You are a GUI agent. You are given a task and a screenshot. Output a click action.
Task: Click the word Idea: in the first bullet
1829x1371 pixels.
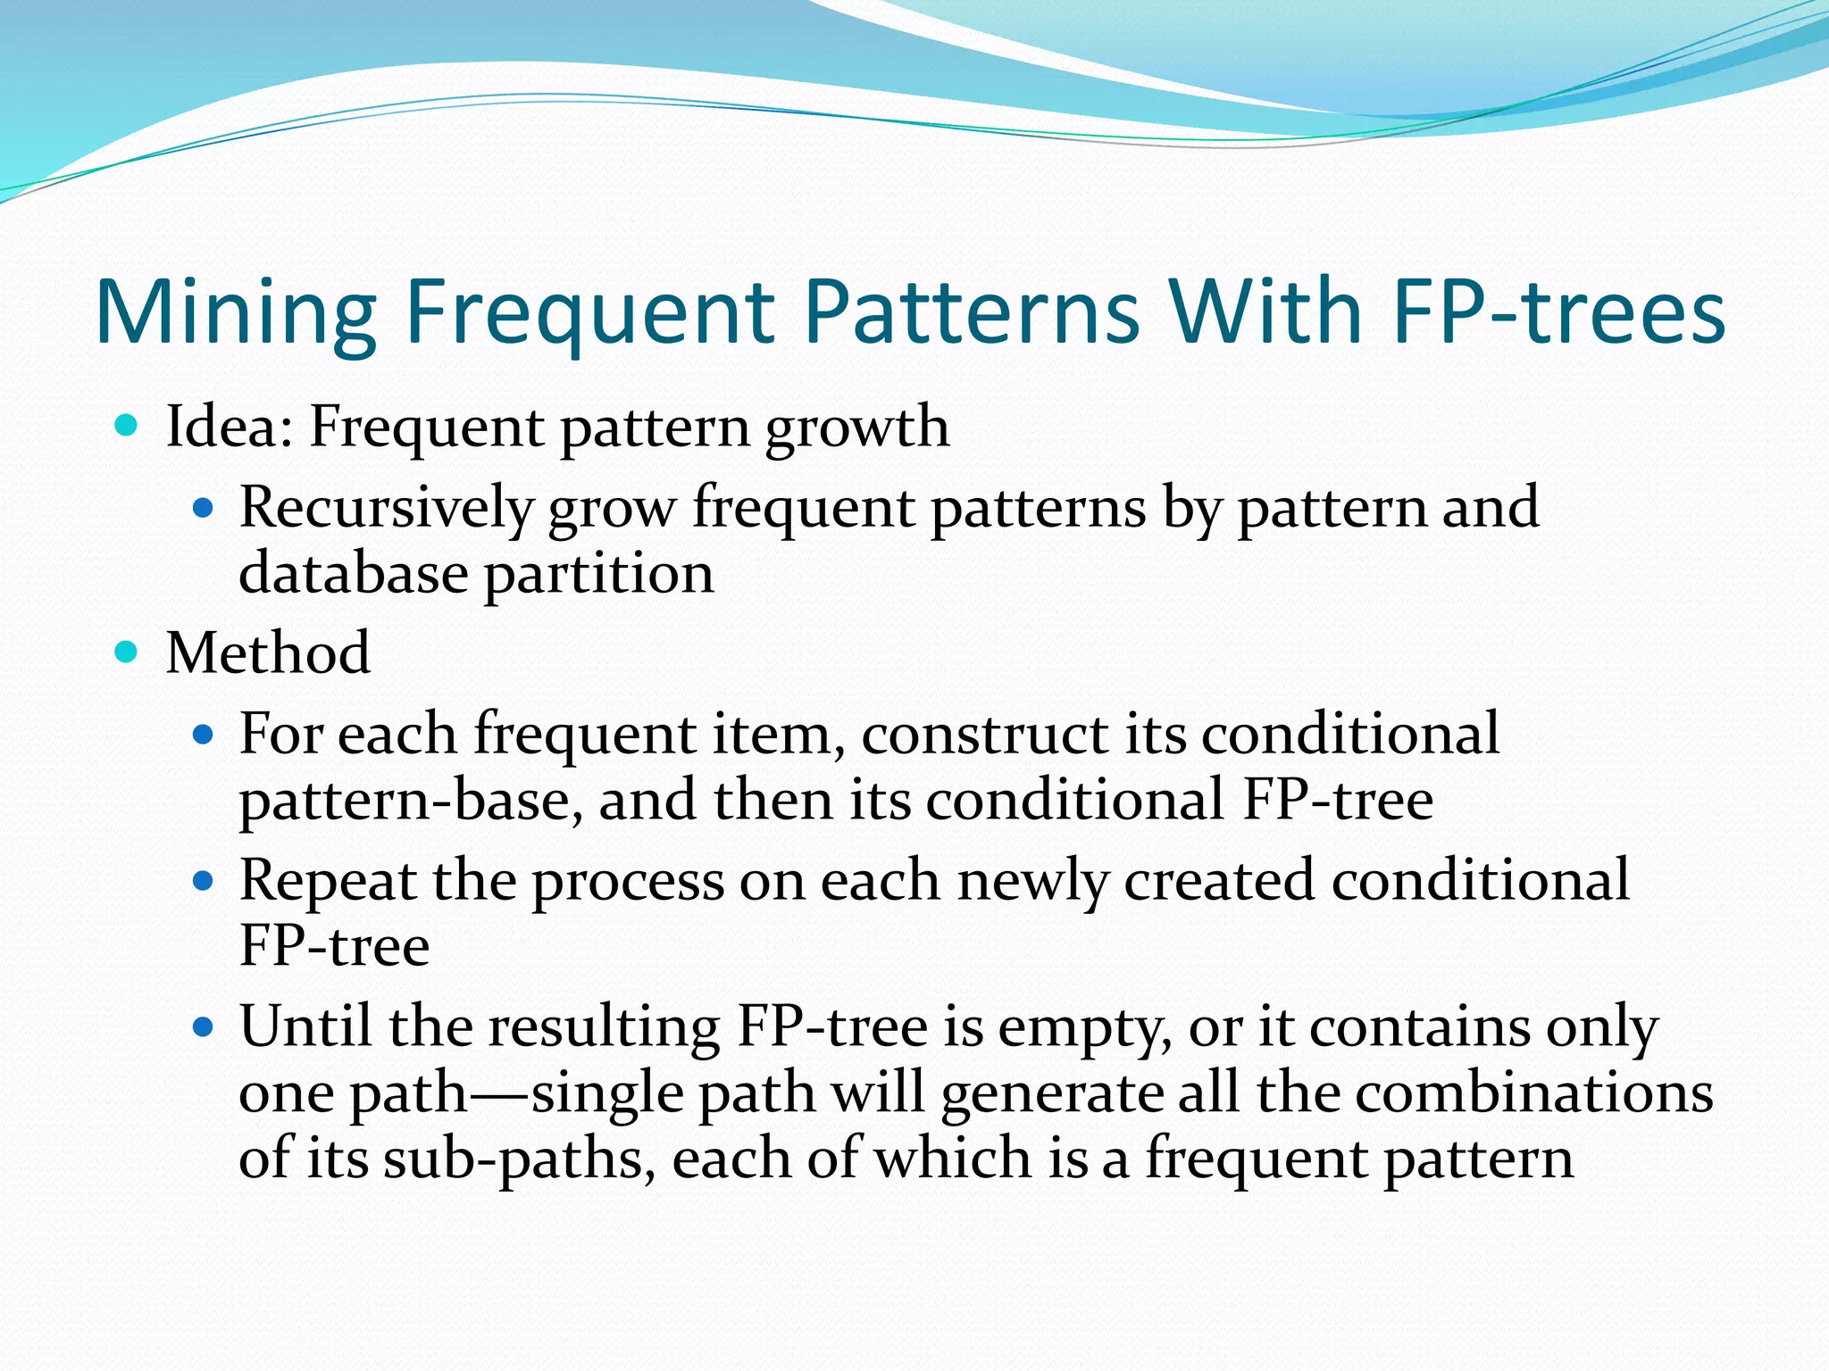tap(229, 427)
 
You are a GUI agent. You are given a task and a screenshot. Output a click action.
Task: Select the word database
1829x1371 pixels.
tap(353, 573)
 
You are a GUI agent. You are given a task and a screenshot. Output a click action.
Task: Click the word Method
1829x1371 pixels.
tap(268, 652)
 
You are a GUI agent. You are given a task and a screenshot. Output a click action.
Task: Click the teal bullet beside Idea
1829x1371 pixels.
tap(127, 426)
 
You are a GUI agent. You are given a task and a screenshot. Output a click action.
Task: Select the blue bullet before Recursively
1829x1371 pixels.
tap(205, 509)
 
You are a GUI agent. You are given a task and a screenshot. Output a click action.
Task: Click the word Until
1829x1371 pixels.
tap(305, 1026)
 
